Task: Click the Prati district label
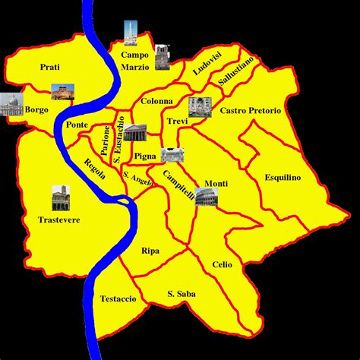click(51, 67)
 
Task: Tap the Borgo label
click(36, 109)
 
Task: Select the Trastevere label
click(58, 220)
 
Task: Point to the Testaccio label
click(118, 298)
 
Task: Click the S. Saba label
click(182, 293)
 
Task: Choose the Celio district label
click(222, 264)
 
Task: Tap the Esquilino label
click(283, 177)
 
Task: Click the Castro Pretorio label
click(251, 111)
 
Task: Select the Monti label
click(216, 184)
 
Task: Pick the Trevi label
click(176, 121)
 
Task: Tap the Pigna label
click(144, 156)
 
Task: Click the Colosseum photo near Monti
click(205, 198)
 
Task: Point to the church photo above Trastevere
click(60, 198)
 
